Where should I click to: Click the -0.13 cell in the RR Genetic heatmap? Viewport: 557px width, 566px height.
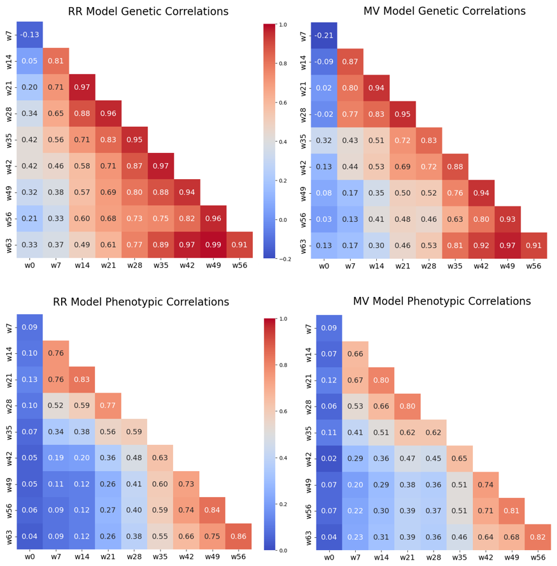tap(29, 34)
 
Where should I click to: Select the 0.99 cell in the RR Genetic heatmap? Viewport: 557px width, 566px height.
tap(213, 245)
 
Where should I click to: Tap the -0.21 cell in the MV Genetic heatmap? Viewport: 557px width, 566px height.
tap(324, 36)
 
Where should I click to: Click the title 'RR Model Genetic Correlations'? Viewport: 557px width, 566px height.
tap(148, 11)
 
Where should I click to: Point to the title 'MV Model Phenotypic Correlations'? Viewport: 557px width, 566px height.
tap(442, 301)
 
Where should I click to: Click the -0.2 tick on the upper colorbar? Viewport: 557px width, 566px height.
tap(283, 259)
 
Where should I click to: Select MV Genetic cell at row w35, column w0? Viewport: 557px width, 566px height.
tap(324, 140)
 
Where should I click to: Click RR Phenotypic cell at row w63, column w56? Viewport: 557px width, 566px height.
tap(238, 537)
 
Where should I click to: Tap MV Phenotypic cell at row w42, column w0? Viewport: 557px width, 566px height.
tap(329, 458)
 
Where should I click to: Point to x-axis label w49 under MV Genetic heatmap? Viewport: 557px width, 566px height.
tap(507, 266)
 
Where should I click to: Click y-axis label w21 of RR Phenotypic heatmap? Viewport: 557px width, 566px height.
tap(9, 380)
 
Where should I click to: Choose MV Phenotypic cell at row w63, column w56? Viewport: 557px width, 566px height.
tap(538, 537)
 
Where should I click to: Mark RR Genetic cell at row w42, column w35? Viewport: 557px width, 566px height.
tap(161, 166)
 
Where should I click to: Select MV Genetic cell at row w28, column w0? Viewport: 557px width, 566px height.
tap(324, 114)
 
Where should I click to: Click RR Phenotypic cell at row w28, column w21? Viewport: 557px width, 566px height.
tap(108, 406)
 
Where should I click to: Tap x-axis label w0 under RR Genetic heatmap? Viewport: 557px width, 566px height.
tap(29, 265)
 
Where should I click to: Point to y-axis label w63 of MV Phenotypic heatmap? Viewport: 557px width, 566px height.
tap(309, 537)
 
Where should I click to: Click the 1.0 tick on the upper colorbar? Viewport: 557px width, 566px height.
tap(283, 25)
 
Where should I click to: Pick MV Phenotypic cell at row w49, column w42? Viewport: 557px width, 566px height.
tap(486, 485)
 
